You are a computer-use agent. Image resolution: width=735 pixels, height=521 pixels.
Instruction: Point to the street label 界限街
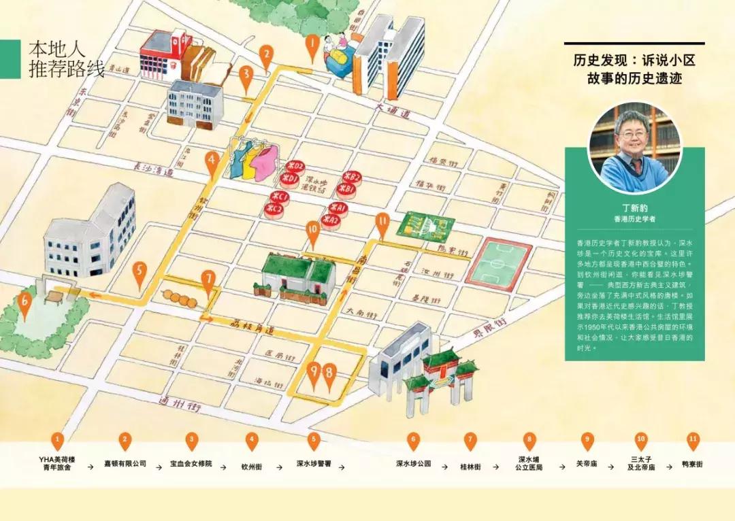(x=491, y=333)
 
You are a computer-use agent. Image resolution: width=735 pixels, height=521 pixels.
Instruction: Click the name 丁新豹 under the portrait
(x=634, y=209)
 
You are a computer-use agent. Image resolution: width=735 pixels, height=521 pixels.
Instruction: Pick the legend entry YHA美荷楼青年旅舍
(x=59, y=463)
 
